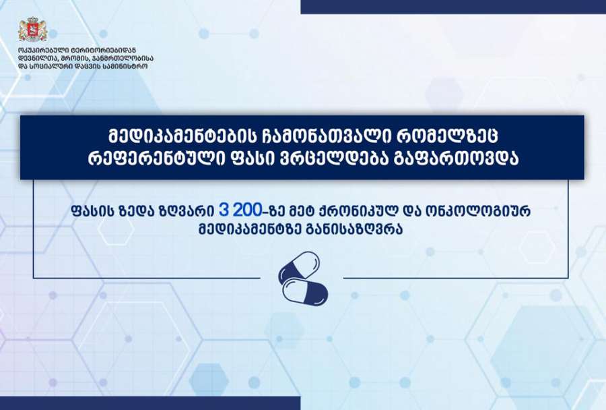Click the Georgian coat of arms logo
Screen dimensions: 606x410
[x=33, y=29]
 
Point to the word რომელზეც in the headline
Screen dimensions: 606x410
[x=448, y=136]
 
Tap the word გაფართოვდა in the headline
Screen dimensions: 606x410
[x=455, y=159]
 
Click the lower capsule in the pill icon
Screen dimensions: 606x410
[x=305, y=292]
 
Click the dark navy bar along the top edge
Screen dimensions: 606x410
[x=453, y=7]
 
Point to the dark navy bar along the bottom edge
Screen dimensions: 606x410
[x=150, y=403]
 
